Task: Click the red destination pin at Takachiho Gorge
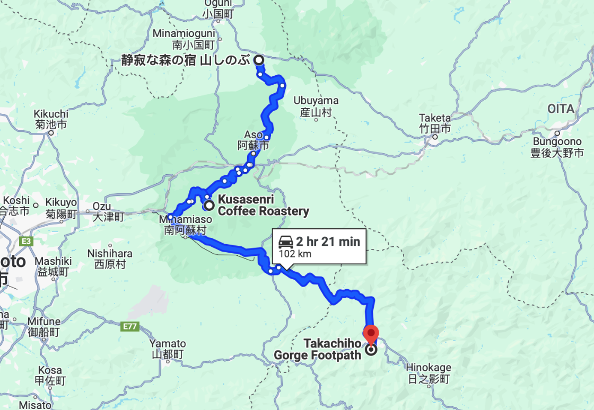pos(371,334)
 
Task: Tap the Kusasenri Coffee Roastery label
pos(264,206)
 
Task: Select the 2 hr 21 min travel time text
pos(328,242)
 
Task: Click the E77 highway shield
pos(131,327)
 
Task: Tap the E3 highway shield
pos(25,242)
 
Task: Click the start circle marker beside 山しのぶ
pos(258,60)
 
